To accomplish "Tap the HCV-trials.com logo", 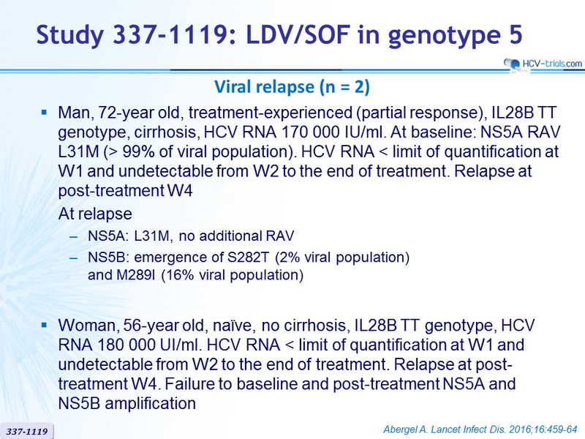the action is [x=543, y=64].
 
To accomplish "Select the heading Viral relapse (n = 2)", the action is [x=292, y=86].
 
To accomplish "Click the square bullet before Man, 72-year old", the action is [x=45, y=112].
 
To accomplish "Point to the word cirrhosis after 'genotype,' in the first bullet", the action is [x=165, y=132].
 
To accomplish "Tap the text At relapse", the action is [x=95, y=214].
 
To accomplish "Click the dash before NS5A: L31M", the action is [x=74, y=237].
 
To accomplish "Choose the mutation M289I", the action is [x=136, y=275].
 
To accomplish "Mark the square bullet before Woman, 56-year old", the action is [x=45, y=325].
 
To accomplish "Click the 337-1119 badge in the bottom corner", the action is [x=27, y=432].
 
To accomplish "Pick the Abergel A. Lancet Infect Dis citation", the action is [x=480, y=429].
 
